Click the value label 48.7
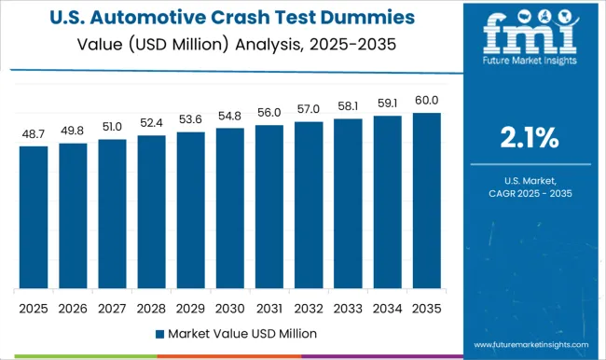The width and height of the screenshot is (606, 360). [33, 134]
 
